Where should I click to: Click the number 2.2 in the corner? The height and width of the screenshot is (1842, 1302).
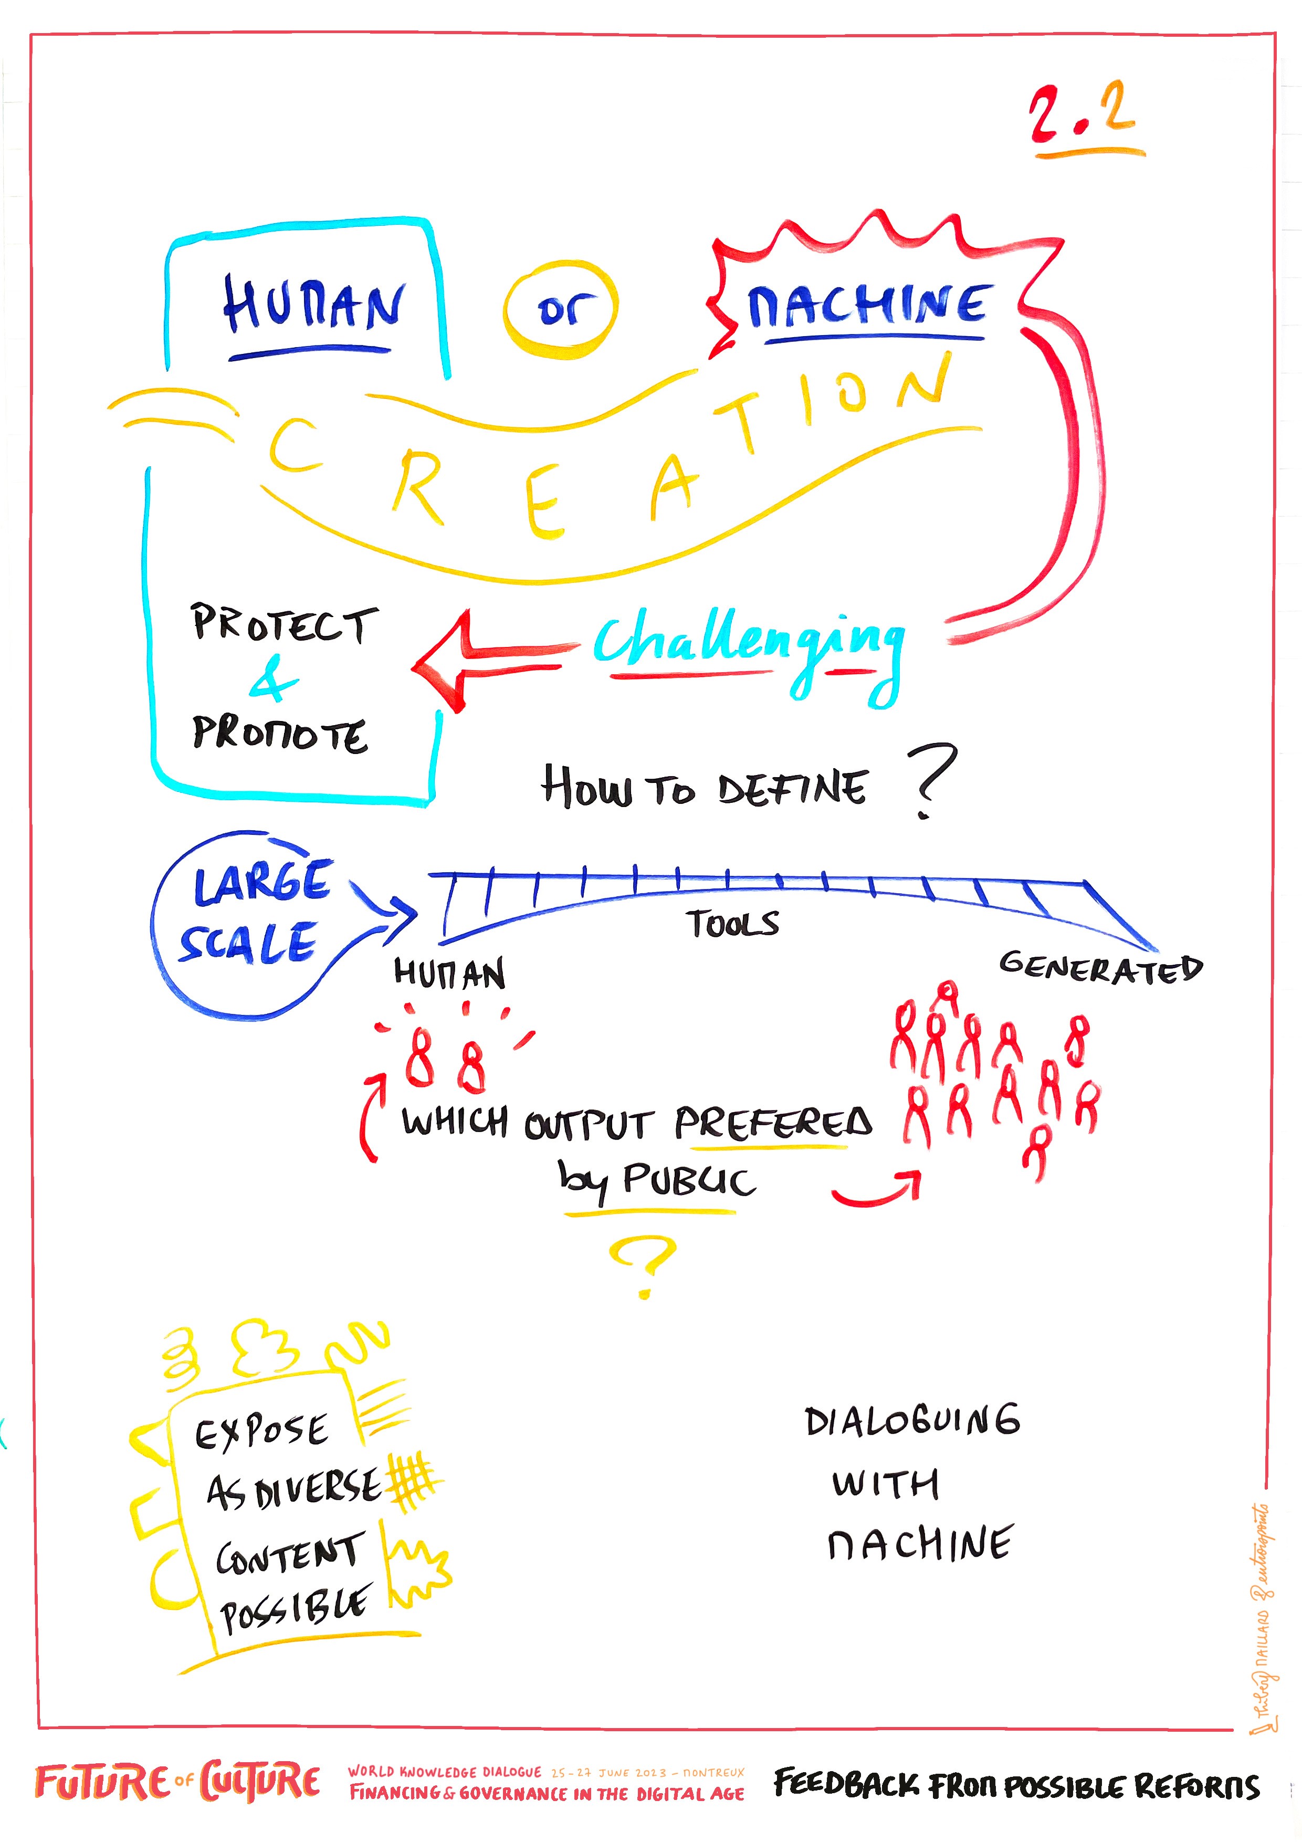pos(1083,117)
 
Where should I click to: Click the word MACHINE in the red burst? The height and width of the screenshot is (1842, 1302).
pos(866,305)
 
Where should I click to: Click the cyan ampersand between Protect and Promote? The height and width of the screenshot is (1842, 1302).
pos(273,681)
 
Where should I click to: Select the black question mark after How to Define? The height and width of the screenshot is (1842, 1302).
pos(931,778)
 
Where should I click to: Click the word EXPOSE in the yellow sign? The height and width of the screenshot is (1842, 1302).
pos(261,1432)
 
